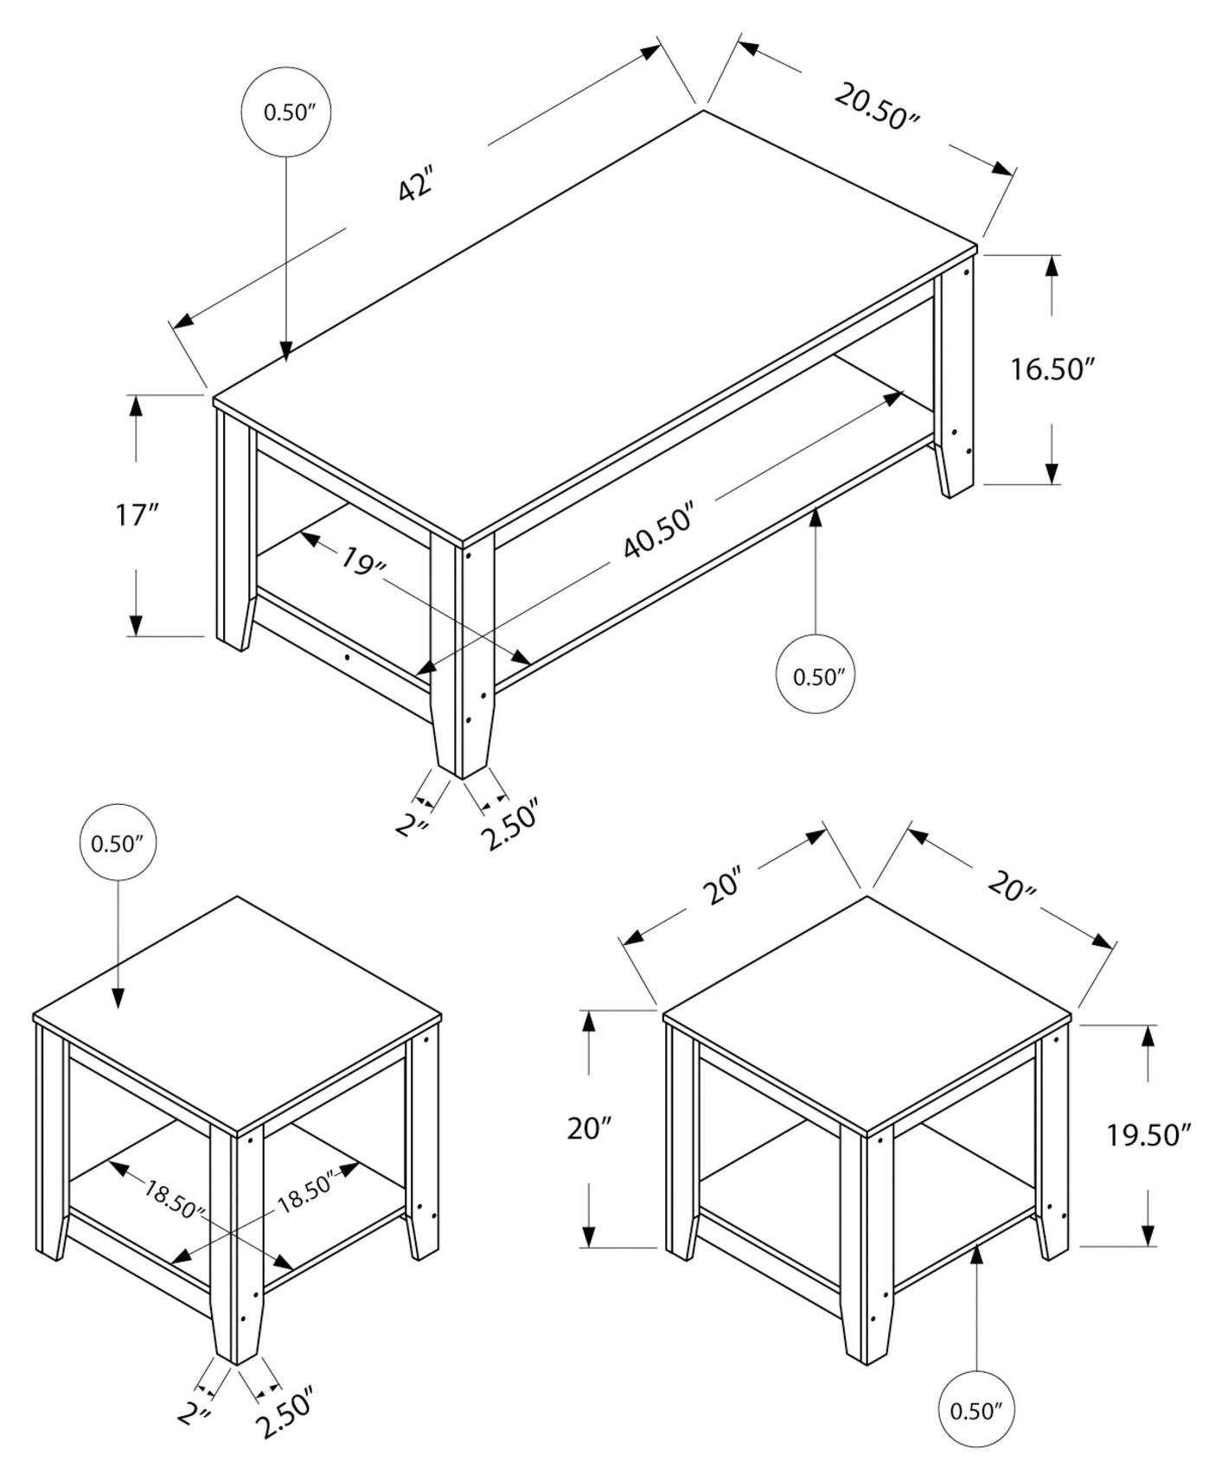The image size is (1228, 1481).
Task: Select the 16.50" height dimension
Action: (1052, 370)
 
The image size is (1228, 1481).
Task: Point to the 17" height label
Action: (138, 516)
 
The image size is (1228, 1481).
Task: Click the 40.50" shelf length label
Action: (659, 532)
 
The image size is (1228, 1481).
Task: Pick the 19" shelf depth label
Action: (361, 561)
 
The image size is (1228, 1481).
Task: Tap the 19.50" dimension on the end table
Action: (1149, 1134)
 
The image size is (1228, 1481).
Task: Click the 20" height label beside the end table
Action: (590, 1129)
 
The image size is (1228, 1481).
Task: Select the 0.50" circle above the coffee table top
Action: (286, 112)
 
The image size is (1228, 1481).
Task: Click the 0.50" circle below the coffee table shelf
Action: (816, 676)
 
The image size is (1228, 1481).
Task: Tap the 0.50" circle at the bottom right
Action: (975, 1411)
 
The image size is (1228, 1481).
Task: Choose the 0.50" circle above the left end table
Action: (118, 843)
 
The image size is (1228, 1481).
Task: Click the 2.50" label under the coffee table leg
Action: (510, 826)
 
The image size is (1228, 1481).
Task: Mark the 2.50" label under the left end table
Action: (285, 1411)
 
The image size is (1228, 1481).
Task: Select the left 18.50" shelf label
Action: (174, 1199)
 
